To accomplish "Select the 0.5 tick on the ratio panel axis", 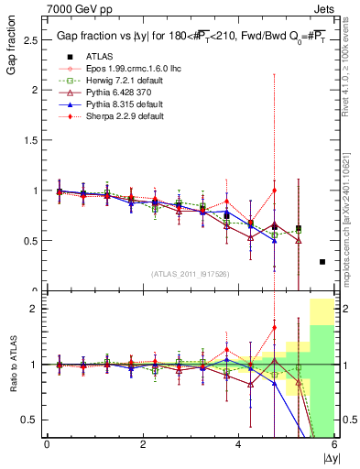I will point(29,420).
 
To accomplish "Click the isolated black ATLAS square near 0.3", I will point(322,262).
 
